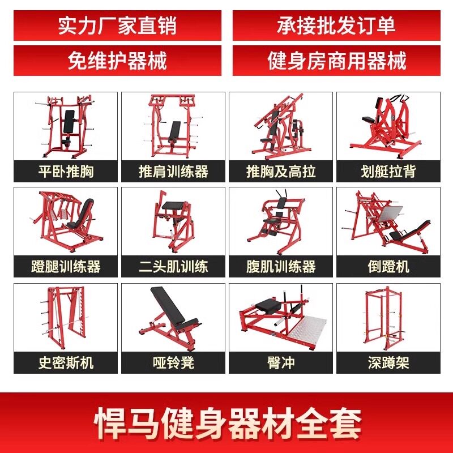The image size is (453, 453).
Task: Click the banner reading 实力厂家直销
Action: click(x=117, y=25)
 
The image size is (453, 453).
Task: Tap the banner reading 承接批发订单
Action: click(x=336, y=25)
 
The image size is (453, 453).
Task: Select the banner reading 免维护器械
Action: click(x=117, y=61)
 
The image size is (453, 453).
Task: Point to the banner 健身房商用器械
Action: click(x=336, y=61)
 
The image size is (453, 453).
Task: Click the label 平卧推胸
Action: click(x=66, y=172)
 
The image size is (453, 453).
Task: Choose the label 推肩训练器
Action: click(x=173, y=172)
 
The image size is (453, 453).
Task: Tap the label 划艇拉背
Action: click(x=388, y=172)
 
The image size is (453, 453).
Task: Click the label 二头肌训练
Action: click(x=173, y=266)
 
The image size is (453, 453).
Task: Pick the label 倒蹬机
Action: click(x=388, y=266)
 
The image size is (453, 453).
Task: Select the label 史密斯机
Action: click(x=66, y=362)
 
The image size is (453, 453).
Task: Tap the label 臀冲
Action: click(x=281, y=362)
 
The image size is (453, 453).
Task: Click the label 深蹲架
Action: click(x=388, y=362)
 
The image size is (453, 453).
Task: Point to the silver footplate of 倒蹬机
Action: click(x=388, y=214)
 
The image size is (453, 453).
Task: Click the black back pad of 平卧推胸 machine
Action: click(x=69, y=122)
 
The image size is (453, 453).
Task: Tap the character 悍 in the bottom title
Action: click(x=110, y=423)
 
